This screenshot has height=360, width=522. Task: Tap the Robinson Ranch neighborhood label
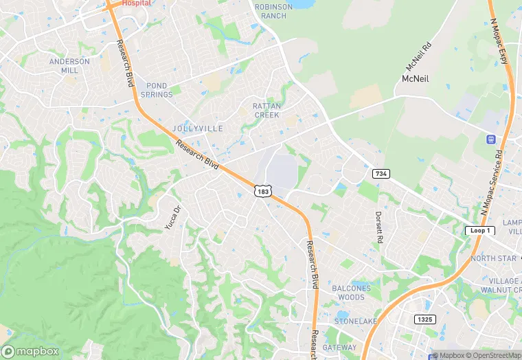click(273, 11)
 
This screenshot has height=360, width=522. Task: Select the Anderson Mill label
click(69, 66)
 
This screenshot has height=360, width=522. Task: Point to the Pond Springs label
click(157, 90)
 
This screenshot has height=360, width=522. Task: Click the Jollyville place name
click(198, 128)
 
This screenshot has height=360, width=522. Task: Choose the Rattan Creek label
click(266, 111)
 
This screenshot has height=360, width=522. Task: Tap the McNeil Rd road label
click(418, 57)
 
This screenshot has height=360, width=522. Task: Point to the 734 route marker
click(381, 175)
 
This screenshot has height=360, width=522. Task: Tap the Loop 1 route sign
click(480, 231)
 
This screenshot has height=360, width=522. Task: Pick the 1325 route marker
click(426, 319)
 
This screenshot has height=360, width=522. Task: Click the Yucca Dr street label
click(172, 218)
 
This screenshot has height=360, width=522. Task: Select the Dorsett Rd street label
click(378, 227)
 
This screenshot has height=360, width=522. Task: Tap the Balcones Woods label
click(352, 293)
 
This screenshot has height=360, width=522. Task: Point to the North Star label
click(492, 258)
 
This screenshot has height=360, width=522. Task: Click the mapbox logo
click(30, 351)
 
